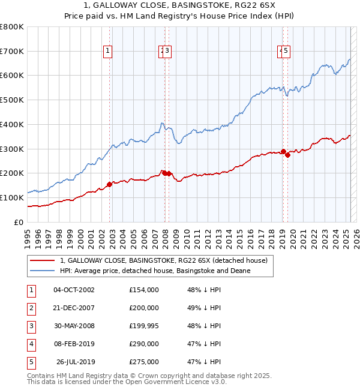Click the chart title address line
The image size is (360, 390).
(x=180, y=6)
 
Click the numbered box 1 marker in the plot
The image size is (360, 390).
(x=107, y=52)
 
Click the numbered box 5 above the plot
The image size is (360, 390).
(x=286, y=52)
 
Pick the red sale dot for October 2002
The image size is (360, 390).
(x=109, y=184)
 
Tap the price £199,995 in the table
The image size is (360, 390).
(x=144, y=326)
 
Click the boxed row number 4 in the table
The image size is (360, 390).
(x=31, y=344)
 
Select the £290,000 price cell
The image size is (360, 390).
(x=144, y=344)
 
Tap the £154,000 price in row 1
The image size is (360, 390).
(x=144, y=290)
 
